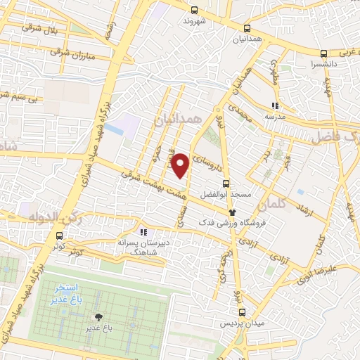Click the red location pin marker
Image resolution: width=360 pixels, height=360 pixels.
(x=181, y=165)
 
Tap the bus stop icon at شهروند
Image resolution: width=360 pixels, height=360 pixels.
(x=195, y=10)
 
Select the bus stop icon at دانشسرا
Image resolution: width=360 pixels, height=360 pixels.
(x=323, y=53)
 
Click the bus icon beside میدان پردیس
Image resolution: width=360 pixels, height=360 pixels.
(x=242, y=313)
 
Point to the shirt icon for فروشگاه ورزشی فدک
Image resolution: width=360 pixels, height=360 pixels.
(x=231, y=212)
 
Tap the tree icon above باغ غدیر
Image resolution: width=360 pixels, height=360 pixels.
(x=98, y=317)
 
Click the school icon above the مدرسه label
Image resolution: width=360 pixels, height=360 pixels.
(x=276, y=106)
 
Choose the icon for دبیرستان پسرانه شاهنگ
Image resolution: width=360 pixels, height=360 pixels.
(x=144, y=231)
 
